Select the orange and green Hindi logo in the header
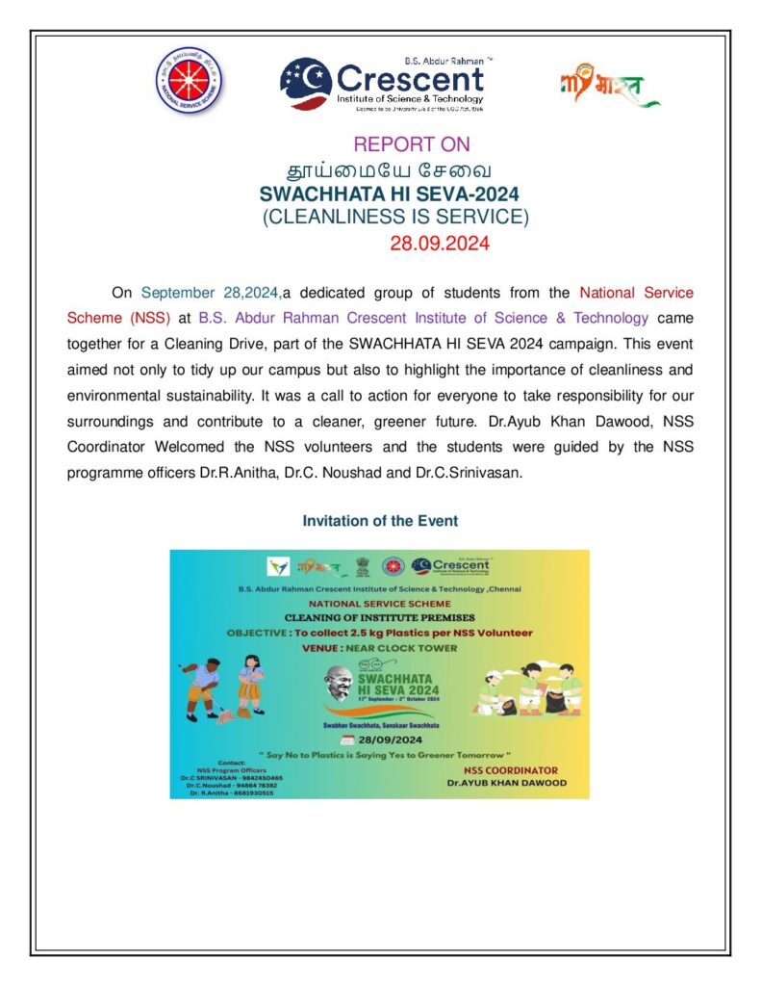click(609, 88)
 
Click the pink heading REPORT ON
click(412, 144)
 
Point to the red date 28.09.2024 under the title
click(440, 244)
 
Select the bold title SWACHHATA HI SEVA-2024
click(396, 195)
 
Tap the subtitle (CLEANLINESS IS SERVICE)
click(396, 218)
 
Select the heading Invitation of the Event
click(380, 521)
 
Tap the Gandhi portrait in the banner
click(337, 687)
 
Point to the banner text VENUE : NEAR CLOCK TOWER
click(379, 648)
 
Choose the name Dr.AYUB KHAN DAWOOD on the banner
click(506, 783)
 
